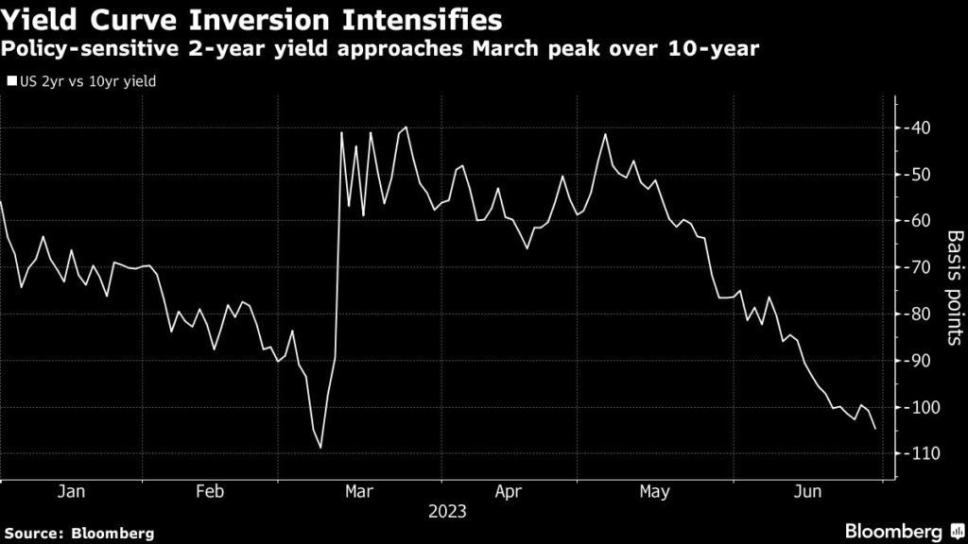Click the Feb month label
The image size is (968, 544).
(210, 492)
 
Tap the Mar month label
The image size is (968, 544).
(359, 492)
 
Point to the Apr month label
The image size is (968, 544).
(509, 492)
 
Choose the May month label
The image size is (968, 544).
(654, 492)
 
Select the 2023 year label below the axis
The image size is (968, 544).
(447, 513)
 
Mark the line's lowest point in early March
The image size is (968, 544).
(320, 448)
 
